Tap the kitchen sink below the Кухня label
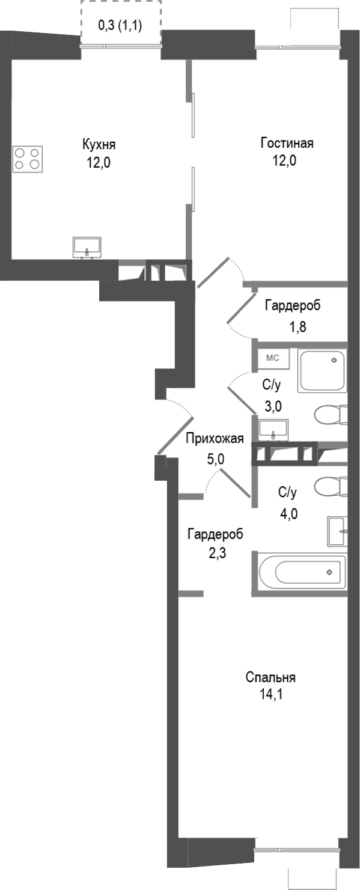88,247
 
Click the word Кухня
99,145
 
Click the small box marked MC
273,359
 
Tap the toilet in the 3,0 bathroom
331,414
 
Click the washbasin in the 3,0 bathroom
273,430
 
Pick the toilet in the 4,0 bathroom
331,486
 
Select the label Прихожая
214,438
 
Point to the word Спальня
270,678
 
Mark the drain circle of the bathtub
329,572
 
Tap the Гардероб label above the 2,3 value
215,534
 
